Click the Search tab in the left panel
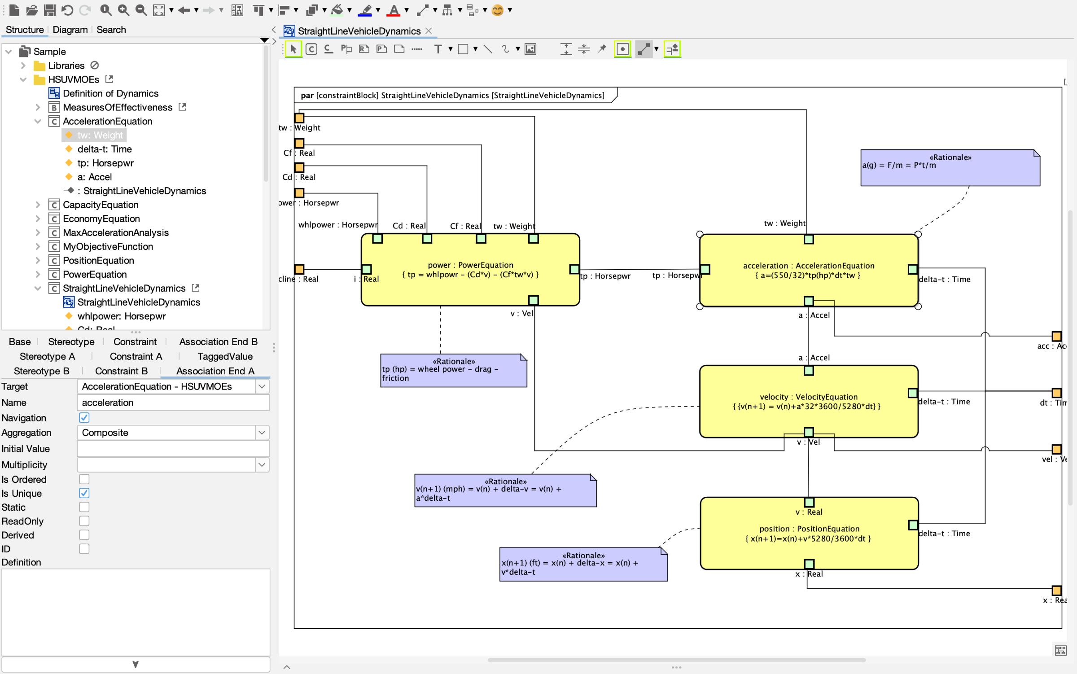tap(111, 30)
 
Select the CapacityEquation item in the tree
tap(101, 205)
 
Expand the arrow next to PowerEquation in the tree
tap(38, 274)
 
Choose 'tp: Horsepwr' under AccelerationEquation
tap(105, 163)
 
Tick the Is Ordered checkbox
tap(84, 479)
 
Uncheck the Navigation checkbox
tap(84, 417)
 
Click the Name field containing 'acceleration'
tap(173, 403)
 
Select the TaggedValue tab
tap(225, 356)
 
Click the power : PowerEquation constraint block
tap(470, 287)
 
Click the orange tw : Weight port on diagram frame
tap(299, 118)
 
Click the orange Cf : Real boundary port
tap(299, 143)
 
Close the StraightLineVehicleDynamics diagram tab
tap(429, 31)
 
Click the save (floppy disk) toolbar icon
tap(49, 10)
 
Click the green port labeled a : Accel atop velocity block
tap(809, 371)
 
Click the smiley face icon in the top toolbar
tap(497, 10)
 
